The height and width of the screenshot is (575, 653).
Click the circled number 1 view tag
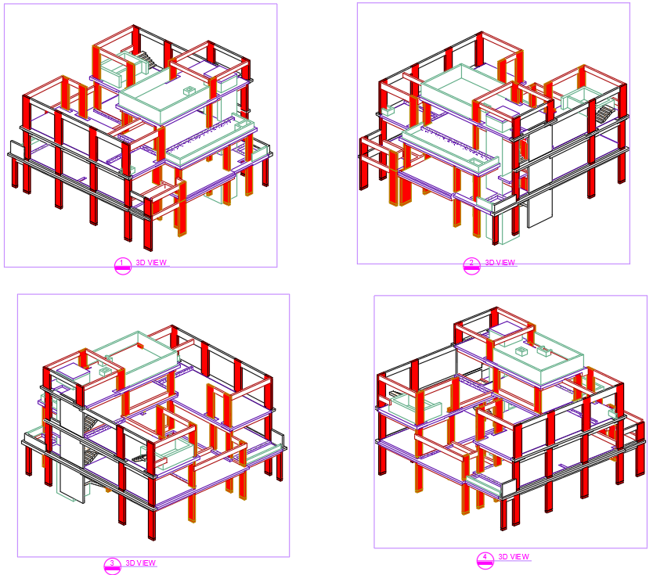(x=121, y=264)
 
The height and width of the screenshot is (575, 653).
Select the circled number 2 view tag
(x=471, y=264)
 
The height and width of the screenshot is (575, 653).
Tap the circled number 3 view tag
(x=112, y=564)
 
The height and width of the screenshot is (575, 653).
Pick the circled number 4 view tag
(x=485, y=559)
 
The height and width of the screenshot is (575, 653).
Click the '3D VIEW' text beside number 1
(x=151, y=262)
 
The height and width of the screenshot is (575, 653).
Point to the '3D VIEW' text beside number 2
(x=500, y=263)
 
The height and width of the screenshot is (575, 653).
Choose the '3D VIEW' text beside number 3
(x=141, y=563)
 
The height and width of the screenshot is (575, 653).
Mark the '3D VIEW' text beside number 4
(x=514, y=557)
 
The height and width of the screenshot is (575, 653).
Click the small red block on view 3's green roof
(x=141, y=343)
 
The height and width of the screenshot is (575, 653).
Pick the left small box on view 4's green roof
(x=519, y=351)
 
